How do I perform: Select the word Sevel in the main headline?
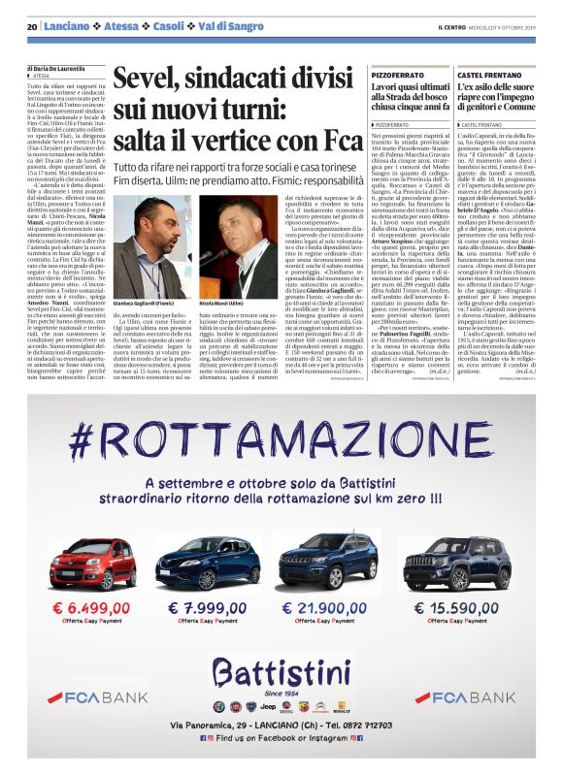click(x=142, y=79)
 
